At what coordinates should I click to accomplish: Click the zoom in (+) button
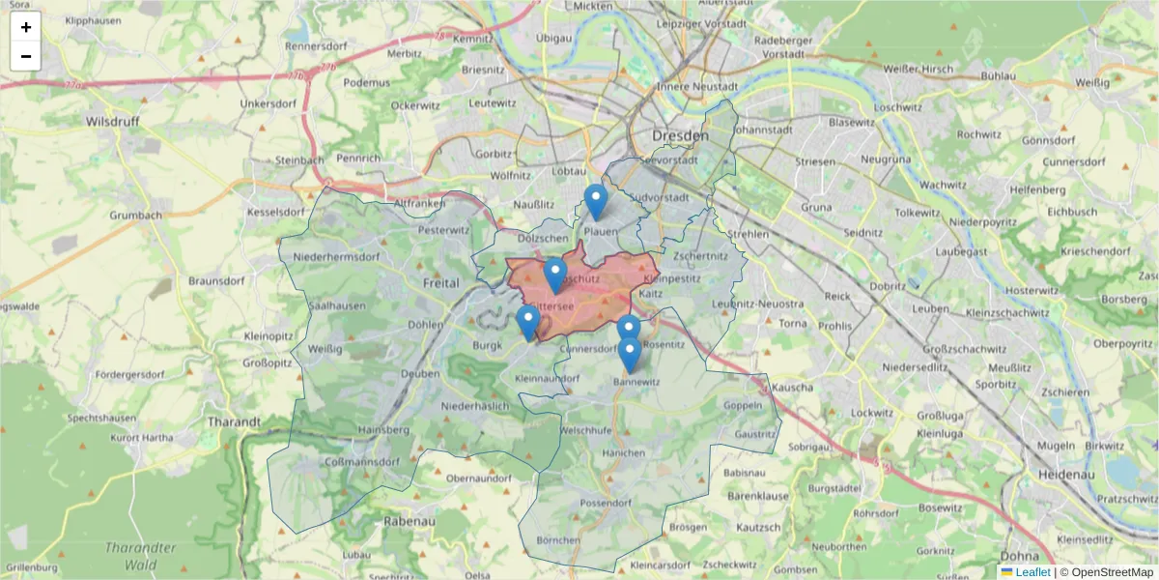point(26,27)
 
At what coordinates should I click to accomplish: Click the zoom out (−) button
point(26,56)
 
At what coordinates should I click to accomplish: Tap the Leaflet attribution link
point(1032,572)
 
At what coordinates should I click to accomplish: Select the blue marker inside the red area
point(554,275)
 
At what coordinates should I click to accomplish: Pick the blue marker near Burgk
point(527,322)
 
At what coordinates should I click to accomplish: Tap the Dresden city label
point(680,136)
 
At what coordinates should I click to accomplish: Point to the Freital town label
point(441,283)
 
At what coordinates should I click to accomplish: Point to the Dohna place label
point(1020,557)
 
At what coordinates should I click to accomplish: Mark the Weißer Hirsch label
point(919,69)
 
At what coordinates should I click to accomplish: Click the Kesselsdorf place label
point(275,211)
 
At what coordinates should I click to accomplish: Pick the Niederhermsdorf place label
point(336,257)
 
